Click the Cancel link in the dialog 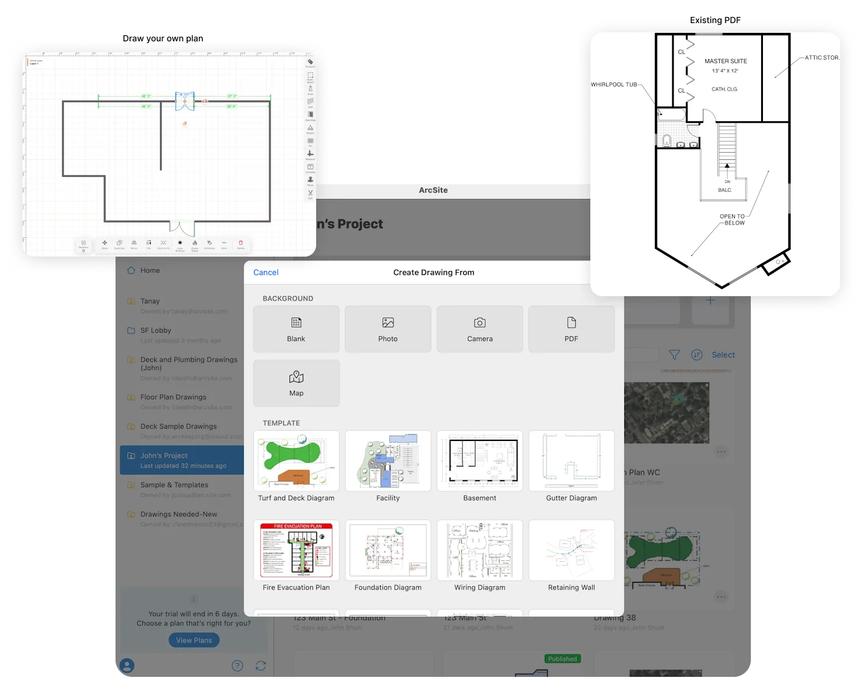pos(266,272)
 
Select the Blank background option pos(296,329)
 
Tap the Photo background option pos(388,329)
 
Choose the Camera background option pos(480,329)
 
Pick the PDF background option pos(571,329)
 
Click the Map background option pos(296,383)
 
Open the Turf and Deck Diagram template pos(296,461)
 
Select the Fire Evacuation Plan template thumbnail pos(296,550)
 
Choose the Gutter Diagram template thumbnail pos(571,461)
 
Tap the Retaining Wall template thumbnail pos(571,550)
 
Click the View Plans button pos(194,640)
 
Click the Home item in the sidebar pos(150,271)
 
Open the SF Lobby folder pos(156,331)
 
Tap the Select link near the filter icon pos(723,355)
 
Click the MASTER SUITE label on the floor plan pos(726,61)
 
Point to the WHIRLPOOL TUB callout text pos(614,85)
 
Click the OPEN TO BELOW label pos(733,220)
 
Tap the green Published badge pos(562,659)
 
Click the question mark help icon pos(238,666)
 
